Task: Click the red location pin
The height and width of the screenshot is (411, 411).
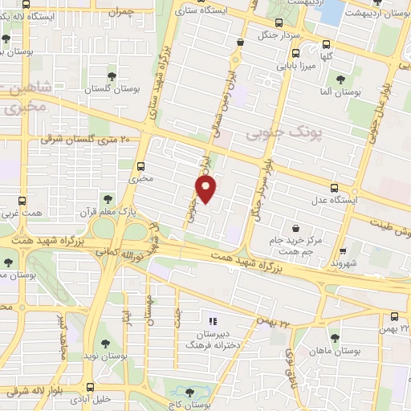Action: tap(206, 189)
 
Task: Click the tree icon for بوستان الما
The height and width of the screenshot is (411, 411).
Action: tap(340, 80)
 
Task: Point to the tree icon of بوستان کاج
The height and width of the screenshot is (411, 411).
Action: tap(189, 393)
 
